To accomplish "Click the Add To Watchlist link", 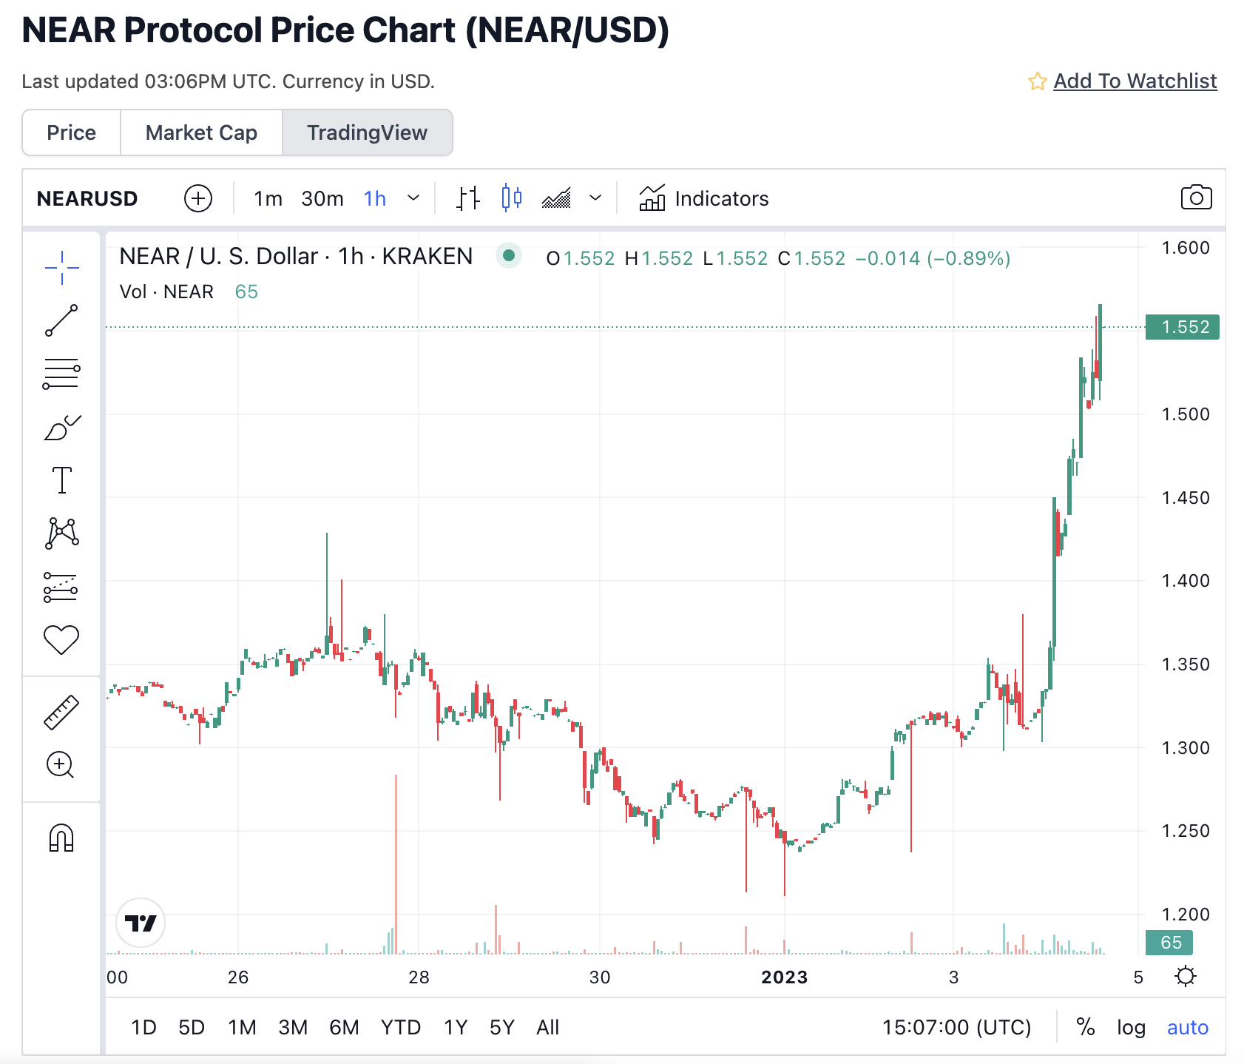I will click(x=1135, y=81).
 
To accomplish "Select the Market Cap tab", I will click(x=201, y=132).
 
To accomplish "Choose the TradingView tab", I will click(x=367, y=132).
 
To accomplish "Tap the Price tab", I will click(x=71, y=132).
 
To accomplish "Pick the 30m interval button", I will click(x=322, y=198).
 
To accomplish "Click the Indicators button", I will click(x=704, y=198).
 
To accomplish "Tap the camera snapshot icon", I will click(x=1196, y=198).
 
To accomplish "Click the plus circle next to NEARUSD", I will click(x=197, y=198).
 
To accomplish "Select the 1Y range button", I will click(x=456, y=1027).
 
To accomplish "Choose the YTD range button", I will click(x=400, y=1027).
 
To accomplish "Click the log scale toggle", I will click(x=1131, y=1027).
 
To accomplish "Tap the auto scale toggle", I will click(x=1187, y=1027).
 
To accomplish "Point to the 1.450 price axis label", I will click(x=1186, y=498).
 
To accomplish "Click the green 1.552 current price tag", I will click(x=1183, y=327).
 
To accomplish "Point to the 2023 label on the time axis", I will click(x=785, y=977).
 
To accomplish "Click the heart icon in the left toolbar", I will click(x=61, y=639).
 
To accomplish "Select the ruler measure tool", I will click(x=61, y=712).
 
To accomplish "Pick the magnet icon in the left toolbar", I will click(x=61, y=838).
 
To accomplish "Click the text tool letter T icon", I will click(x=62, y=480).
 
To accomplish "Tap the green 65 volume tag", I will click(x=1169, y=943).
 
